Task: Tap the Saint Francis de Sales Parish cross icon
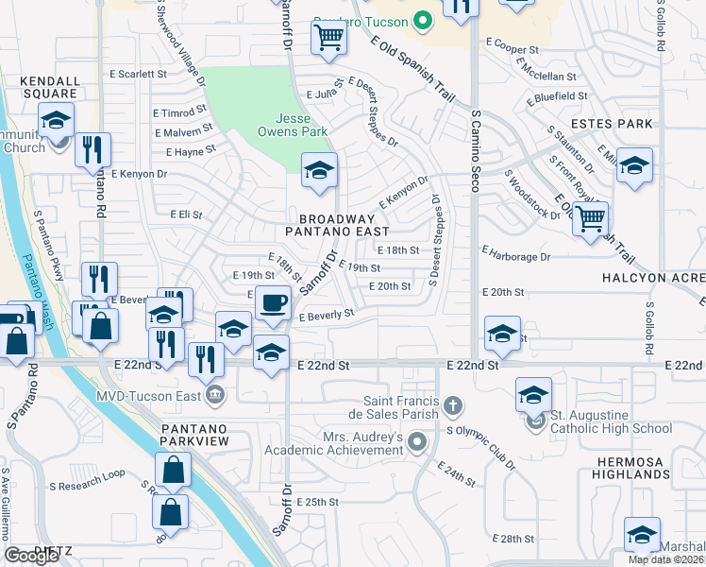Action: coord(453,406)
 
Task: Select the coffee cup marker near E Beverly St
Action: coord(273,302)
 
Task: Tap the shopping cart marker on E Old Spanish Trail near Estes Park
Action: coord(590,218)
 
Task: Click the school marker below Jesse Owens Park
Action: coord(319,171)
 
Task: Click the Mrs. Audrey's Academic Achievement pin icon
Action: coord(419,441)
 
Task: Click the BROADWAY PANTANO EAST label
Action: coord(338,223)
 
